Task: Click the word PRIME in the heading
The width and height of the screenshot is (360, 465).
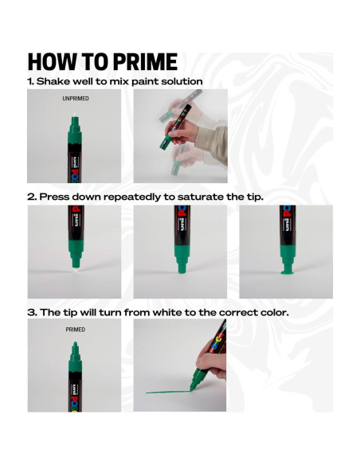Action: coord(145,61)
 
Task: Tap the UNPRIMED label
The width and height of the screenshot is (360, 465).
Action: coord(76,99)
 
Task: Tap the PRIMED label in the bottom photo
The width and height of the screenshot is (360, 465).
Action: coord(76,330)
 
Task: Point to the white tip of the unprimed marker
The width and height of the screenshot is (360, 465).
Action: coord(76,115)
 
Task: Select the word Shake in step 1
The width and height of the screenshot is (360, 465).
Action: coord(53,81)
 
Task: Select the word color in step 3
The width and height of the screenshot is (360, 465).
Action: coord(274,313)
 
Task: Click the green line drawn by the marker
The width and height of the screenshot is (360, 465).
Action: coord(168,392)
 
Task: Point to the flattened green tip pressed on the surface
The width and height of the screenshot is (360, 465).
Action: coord(287,272)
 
